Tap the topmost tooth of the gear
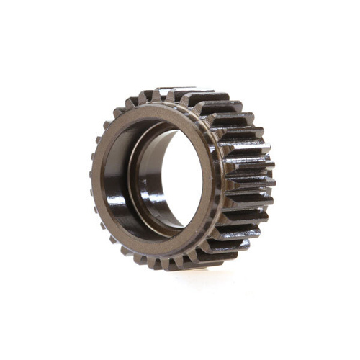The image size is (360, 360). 173,91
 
